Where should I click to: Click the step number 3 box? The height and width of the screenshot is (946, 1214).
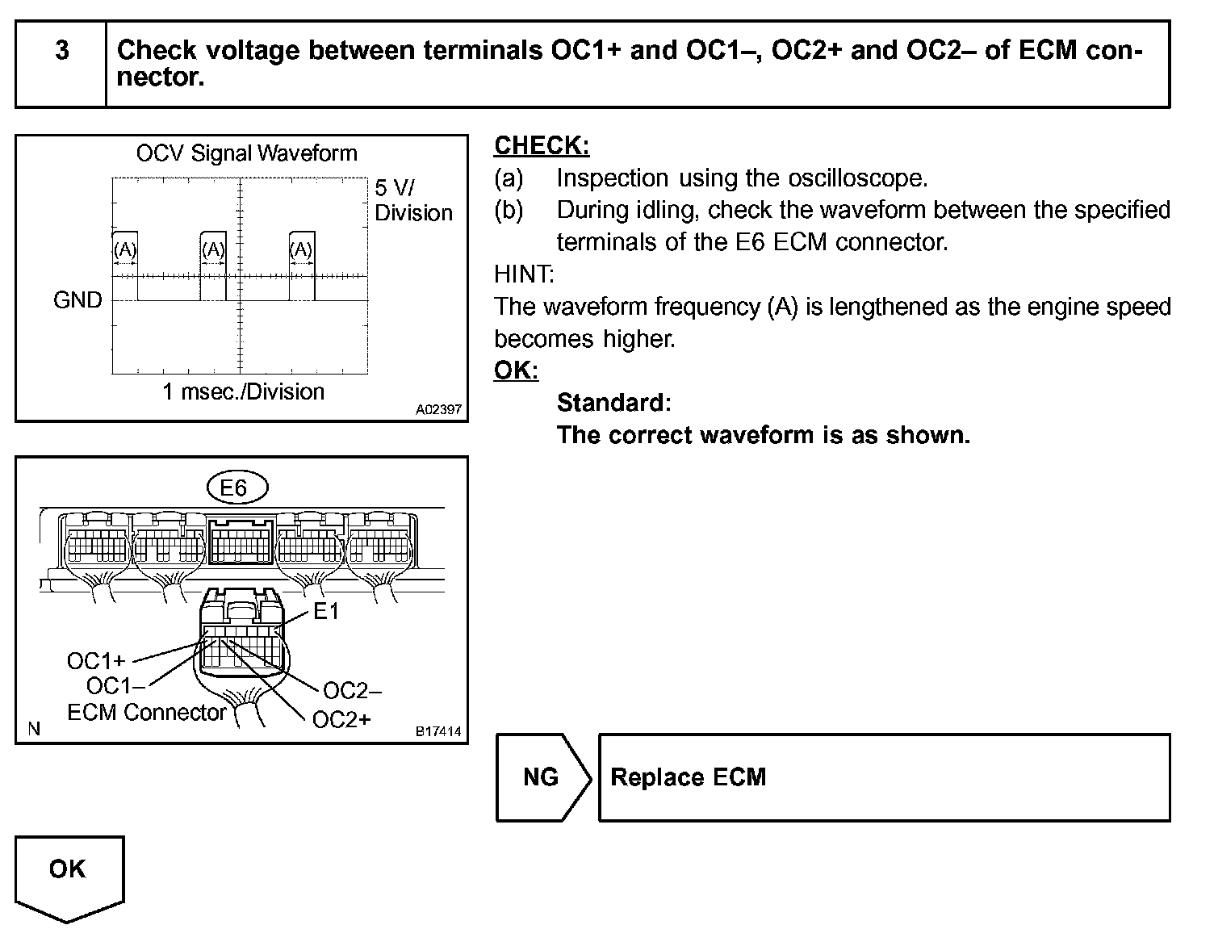[61, 52]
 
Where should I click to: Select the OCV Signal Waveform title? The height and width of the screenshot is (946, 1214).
[246, 153]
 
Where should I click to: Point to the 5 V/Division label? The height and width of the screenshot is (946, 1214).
[412, 200]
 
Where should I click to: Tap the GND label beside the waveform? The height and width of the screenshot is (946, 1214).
[77, 300]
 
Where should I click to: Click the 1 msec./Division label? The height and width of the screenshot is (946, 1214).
[243, 392]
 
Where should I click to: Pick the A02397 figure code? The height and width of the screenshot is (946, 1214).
[438, 410]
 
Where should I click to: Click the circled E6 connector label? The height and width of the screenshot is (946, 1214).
[233, 488]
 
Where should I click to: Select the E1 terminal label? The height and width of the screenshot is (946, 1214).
[326, 612]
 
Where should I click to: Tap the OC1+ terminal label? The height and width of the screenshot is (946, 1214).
[96, 661]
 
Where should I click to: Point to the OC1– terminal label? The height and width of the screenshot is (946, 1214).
[115, 686]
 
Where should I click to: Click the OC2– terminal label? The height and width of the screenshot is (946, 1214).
[352, 691]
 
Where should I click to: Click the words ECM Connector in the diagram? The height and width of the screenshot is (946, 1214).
[147, 713]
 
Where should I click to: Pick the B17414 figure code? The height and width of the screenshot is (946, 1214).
[438, 731]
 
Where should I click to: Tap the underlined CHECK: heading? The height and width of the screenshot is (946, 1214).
[542, 146]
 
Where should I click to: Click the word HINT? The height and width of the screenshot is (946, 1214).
[524, 274]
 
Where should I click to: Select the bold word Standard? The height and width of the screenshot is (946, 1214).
[613, 403]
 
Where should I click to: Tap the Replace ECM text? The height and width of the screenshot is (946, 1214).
[688, 777]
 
